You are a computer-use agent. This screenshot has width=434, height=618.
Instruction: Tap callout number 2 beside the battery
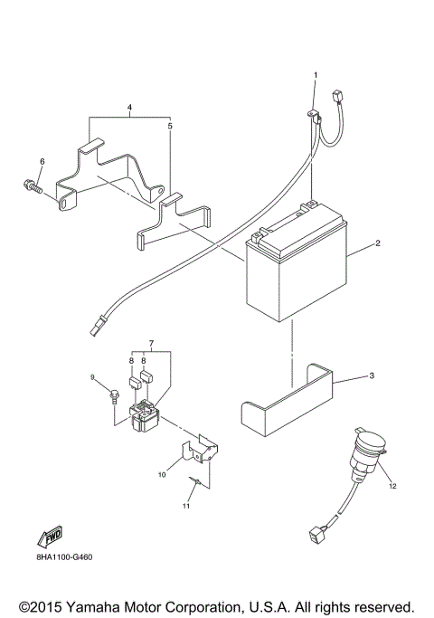point(377,243)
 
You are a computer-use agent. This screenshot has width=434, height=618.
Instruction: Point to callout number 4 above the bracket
point(130,108)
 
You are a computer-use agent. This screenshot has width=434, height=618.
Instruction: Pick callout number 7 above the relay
point(152,345)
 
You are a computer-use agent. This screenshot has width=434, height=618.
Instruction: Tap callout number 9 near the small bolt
point(91,376)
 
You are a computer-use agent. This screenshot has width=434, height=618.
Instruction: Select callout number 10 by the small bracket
point(162,473)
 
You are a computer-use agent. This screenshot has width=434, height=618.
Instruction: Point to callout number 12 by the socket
point(393,486)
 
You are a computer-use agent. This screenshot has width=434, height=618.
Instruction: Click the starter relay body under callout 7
point(145,417)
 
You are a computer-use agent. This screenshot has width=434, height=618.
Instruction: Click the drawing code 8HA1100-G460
point(64,556)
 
